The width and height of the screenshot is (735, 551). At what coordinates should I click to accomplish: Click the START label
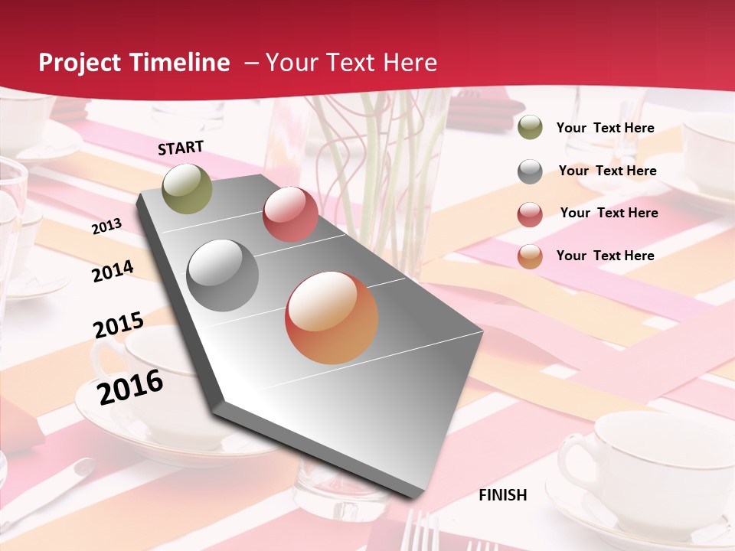tap(181, 148)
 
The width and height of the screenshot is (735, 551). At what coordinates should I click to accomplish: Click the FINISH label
tap(503, 495)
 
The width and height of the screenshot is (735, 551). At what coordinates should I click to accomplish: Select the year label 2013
tap(106, 226)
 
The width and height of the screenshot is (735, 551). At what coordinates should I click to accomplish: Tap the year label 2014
tap(113, 271)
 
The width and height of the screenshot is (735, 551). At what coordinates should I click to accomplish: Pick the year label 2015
tap(118, 325)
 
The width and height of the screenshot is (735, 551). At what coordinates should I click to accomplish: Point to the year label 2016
tap(130, 387)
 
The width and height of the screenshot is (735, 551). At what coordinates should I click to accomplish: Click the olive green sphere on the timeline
tap(187, 188)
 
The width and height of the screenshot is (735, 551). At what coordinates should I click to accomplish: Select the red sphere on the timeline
tap(290, 214)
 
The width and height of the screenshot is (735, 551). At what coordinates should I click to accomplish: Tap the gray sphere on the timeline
tap(223, 275)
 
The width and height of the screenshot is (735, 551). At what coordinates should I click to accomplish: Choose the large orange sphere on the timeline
tap(332, 318)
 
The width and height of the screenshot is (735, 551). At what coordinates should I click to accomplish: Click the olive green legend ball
tap(530, 128)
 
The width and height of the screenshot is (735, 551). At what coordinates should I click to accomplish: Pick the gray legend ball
tap(530, 171)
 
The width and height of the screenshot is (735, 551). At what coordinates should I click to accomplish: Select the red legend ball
tap(530, 214)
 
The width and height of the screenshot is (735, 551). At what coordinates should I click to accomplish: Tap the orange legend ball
tap(530, 256)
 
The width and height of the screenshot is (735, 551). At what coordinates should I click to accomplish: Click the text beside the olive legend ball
tap(605, 128)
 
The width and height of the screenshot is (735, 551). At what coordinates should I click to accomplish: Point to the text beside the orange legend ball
tap(605, 256)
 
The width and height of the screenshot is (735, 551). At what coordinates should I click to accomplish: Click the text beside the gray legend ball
tap(607, 171)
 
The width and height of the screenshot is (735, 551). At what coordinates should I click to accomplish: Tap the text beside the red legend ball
tap(609, 213)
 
